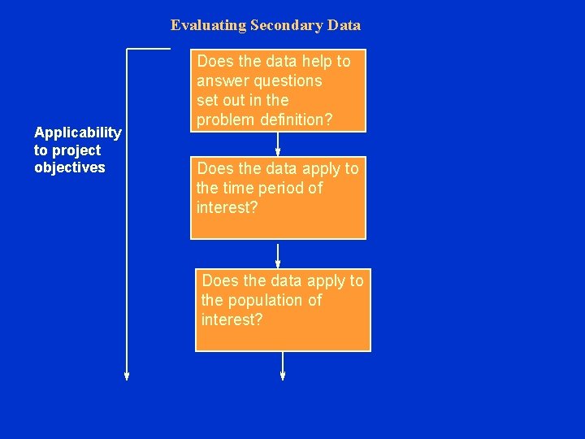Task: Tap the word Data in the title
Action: tap(344, 25)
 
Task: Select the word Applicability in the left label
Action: tap(78, 133)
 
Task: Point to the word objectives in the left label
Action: tap(70, 167)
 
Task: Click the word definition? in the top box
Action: tap(292, 120)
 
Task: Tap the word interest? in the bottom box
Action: tap(232, 320)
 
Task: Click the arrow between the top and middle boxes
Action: tap(278, 145)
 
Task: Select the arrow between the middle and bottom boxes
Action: tap(278, 254)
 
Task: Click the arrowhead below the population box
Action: tap(283, 375)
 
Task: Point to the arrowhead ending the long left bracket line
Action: tap(127, 375)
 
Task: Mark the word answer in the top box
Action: tap(220, 81)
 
